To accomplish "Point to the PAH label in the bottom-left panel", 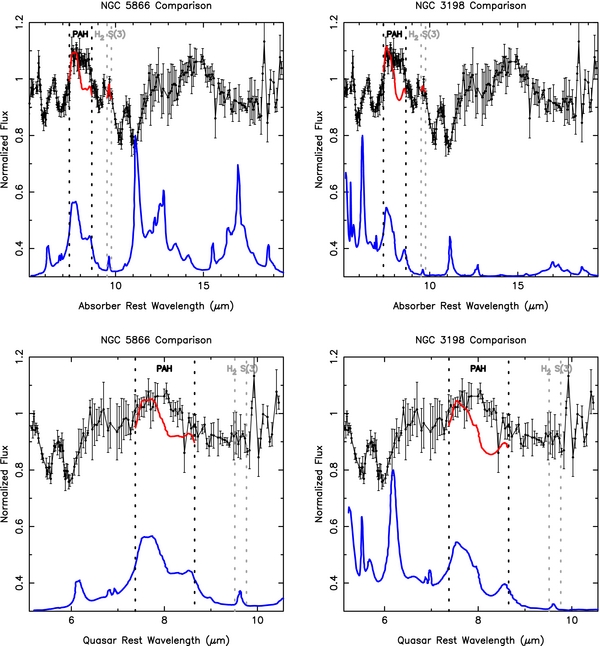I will tap(165, 368).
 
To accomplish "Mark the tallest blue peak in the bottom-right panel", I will tap(393, 470).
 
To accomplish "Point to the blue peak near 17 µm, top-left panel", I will tap(238, 166).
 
